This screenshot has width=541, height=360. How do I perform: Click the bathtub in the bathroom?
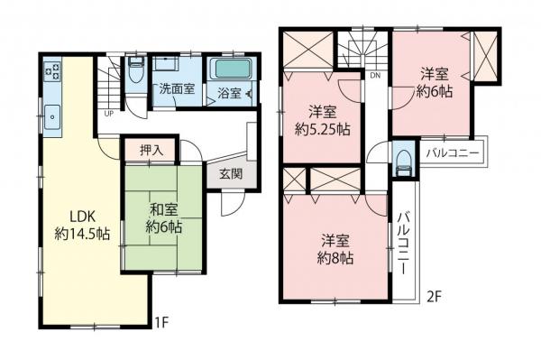(234, 71)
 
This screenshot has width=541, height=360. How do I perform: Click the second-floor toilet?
(404, 161)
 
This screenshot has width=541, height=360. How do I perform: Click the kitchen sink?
(52, 114)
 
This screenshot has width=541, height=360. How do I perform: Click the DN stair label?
(375, 76)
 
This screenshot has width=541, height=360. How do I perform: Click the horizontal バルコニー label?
(453, 151)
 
